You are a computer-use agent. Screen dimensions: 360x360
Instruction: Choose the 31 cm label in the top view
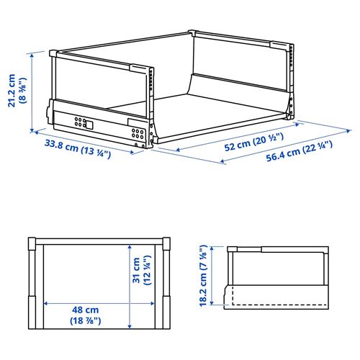point(135,274)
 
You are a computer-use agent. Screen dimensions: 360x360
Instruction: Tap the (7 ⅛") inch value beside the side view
point(203,256)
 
